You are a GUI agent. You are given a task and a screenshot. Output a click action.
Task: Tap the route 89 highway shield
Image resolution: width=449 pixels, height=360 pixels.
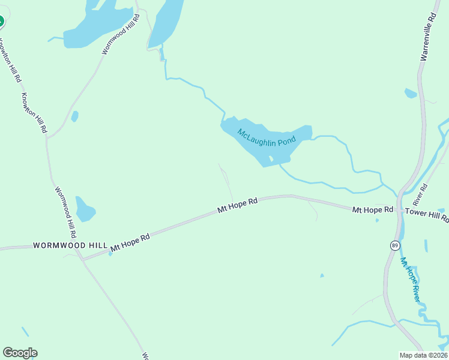394,245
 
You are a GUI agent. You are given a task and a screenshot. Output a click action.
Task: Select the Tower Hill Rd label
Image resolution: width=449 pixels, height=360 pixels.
426,215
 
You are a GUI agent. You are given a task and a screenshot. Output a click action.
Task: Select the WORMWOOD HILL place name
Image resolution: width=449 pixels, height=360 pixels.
70,245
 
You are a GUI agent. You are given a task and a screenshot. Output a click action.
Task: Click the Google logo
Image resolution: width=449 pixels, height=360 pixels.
20,353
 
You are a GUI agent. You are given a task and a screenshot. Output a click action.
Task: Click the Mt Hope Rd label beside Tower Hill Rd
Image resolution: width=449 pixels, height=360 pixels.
372,210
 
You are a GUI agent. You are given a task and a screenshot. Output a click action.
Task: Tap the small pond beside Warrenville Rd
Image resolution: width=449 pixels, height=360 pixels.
411,93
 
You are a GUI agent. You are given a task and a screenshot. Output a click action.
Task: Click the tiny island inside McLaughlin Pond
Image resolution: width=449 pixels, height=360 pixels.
271,159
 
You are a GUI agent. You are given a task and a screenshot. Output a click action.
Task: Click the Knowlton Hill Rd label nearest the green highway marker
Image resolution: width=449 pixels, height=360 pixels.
10,60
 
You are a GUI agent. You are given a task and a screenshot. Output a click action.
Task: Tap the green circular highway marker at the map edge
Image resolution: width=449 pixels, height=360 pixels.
1,22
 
